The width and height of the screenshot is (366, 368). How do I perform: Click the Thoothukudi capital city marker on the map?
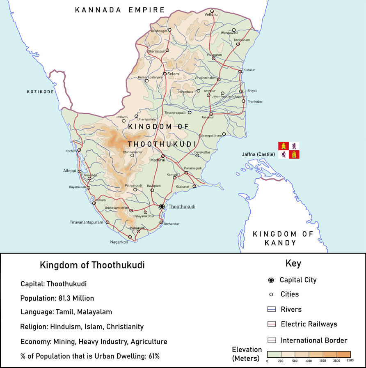(162, 206)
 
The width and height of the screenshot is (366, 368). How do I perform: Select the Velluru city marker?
(212, 11)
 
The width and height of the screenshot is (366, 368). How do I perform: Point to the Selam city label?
(173, 74)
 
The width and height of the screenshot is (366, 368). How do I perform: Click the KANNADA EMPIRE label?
(120, 10)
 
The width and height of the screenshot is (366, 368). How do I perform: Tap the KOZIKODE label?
(41, 92)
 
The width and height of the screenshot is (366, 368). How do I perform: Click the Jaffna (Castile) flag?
(289, 150)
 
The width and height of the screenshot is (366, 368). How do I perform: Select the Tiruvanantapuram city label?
(87, 223)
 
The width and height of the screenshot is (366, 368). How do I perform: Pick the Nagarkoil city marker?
(130, 237)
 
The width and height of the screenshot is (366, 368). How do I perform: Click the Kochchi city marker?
(79, 150)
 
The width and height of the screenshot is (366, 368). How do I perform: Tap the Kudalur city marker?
(240, 71)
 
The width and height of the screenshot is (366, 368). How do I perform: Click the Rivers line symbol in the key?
(270, 309)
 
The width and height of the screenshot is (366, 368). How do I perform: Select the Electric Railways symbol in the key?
(270, 324)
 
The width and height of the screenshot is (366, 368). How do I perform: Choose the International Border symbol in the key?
(270, 340)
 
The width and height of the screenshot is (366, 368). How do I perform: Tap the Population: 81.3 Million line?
(57, 298)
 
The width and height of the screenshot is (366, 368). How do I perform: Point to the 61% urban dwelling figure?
(151, 356)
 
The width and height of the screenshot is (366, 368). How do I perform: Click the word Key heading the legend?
(293, 264)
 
